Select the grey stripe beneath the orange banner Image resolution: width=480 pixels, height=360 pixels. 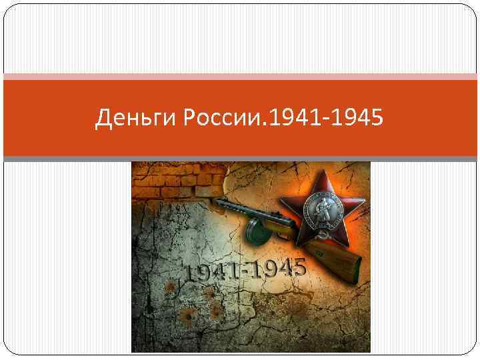pyautogui.click(x=240, y=159)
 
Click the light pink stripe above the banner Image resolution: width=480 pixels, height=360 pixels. pyautogui.click(x=240, y=77)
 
